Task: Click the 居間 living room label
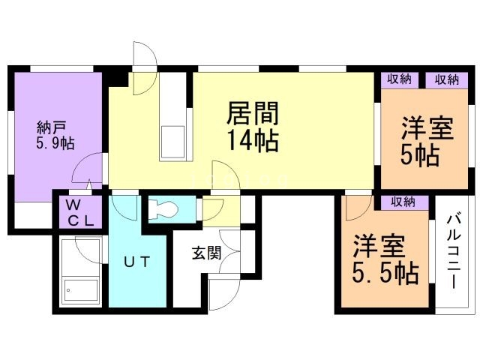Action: click(253, 114)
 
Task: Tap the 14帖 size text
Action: click(253, 140)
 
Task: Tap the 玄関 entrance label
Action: click(205, 253)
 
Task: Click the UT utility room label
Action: click(138, 262)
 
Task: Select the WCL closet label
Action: click(77, 212)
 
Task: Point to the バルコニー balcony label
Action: click(453, 250)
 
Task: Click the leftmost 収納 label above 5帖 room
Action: click(400, 80)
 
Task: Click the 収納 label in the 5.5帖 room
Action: click(403, 202)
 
